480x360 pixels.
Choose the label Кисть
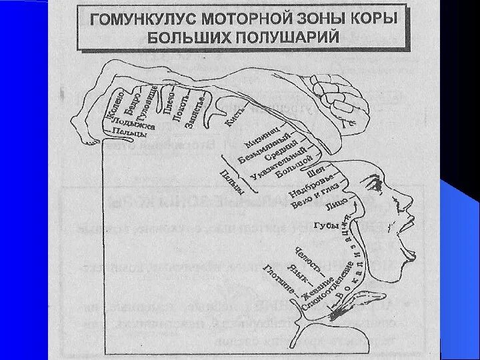(x=235, y=119)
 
